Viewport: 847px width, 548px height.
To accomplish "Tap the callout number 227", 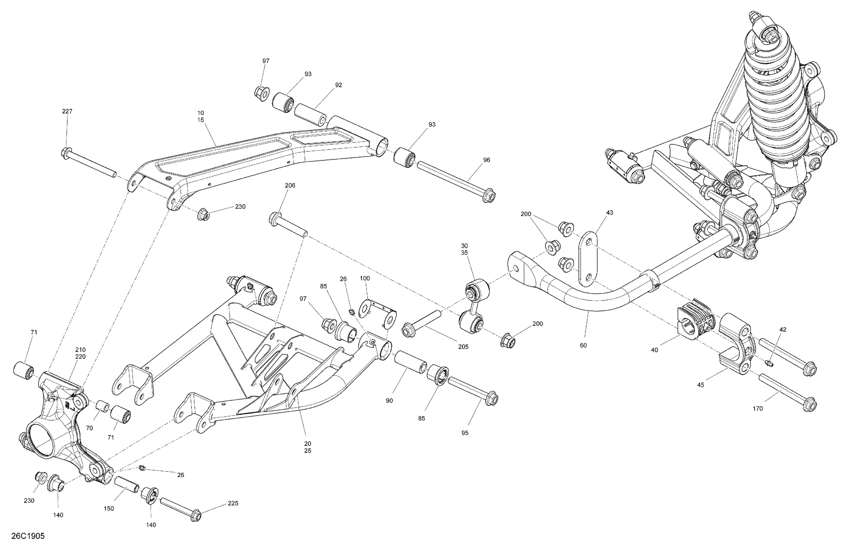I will pos(67,112).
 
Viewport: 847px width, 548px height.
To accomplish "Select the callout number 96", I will pos(487,160).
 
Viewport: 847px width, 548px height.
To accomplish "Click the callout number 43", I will pos(610,213).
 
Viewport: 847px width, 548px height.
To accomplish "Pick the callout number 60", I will pos(583,345).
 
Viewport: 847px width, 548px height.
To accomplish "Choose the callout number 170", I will pos(758,408).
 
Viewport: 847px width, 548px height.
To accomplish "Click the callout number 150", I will pos(109,508).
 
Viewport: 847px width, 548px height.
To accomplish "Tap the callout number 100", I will pos(365,278).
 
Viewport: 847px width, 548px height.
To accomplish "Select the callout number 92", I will pos(339,85).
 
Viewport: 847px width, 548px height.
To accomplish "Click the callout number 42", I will pos(783,329).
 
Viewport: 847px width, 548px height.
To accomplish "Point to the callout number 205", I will pos(463,347).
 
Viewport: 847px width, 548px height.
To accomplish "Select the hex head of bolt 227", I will pos(66,153).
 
